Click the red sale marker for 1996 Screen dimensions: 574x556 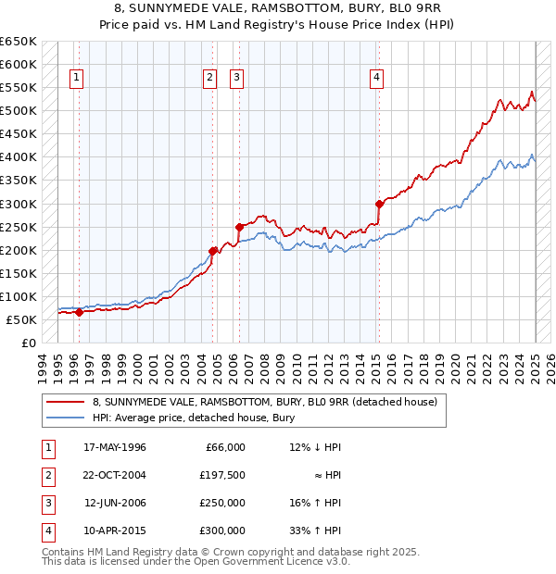pos(79,312)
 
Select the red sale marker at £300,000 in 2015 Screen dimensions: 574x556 pos(379,204)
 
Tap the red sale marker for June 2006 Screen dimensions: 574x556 pos(239,226)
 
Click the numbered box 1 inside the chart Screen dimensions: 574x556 pos(75,78)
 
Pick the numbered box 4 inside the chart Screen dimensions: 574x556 pos(377,78)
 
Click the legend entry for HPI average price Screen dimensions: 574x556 pos(193,418)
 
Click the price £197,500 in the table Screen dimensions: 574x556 pos(223,475)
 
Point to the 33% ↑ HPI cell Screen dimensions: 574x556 pos(315,530)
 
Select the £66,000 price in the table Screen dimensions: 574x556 pos(224,447)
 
